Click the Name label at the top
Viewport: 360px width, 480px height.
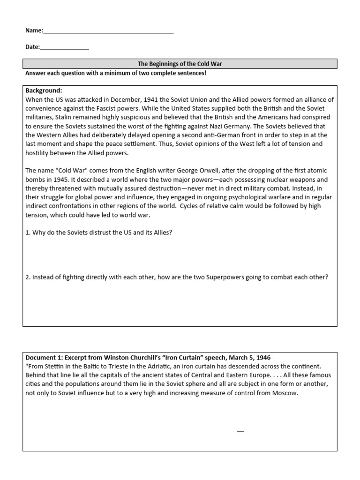pyautogui.click(x=34, y=30)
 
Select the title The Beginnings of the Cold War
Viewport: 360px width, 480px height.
pyautogui.click(x=180, y=64)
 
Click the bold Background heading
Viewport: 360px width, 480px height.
pyautogui.click(x=44, y=90)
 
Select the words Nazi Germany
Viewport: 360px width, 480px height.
pyautogui.click(x=252, y=126)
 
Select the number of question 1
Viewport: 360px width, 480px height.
pyautogui.click(x=28, y=232)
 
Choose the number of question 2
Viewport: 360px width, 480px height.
pyautogui.click(x=28, y=277)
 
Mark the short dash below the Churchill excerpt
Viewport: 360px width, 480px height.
pyautogui.click(x=240, y=431)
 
